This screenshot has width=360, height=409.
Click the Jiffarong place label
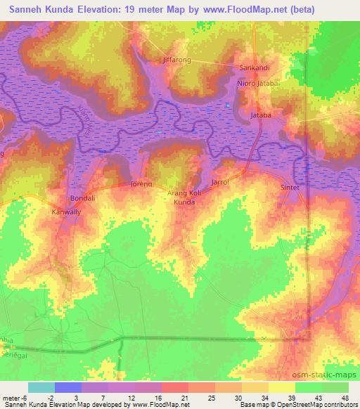tap(177, 60)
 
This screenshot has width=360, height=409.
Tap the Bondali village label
tap(83, 198)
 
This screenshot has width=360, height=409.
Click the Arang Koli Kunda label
tap(185, 197)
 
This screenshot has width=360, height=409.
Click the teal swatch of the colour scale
tap(41, 387)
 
